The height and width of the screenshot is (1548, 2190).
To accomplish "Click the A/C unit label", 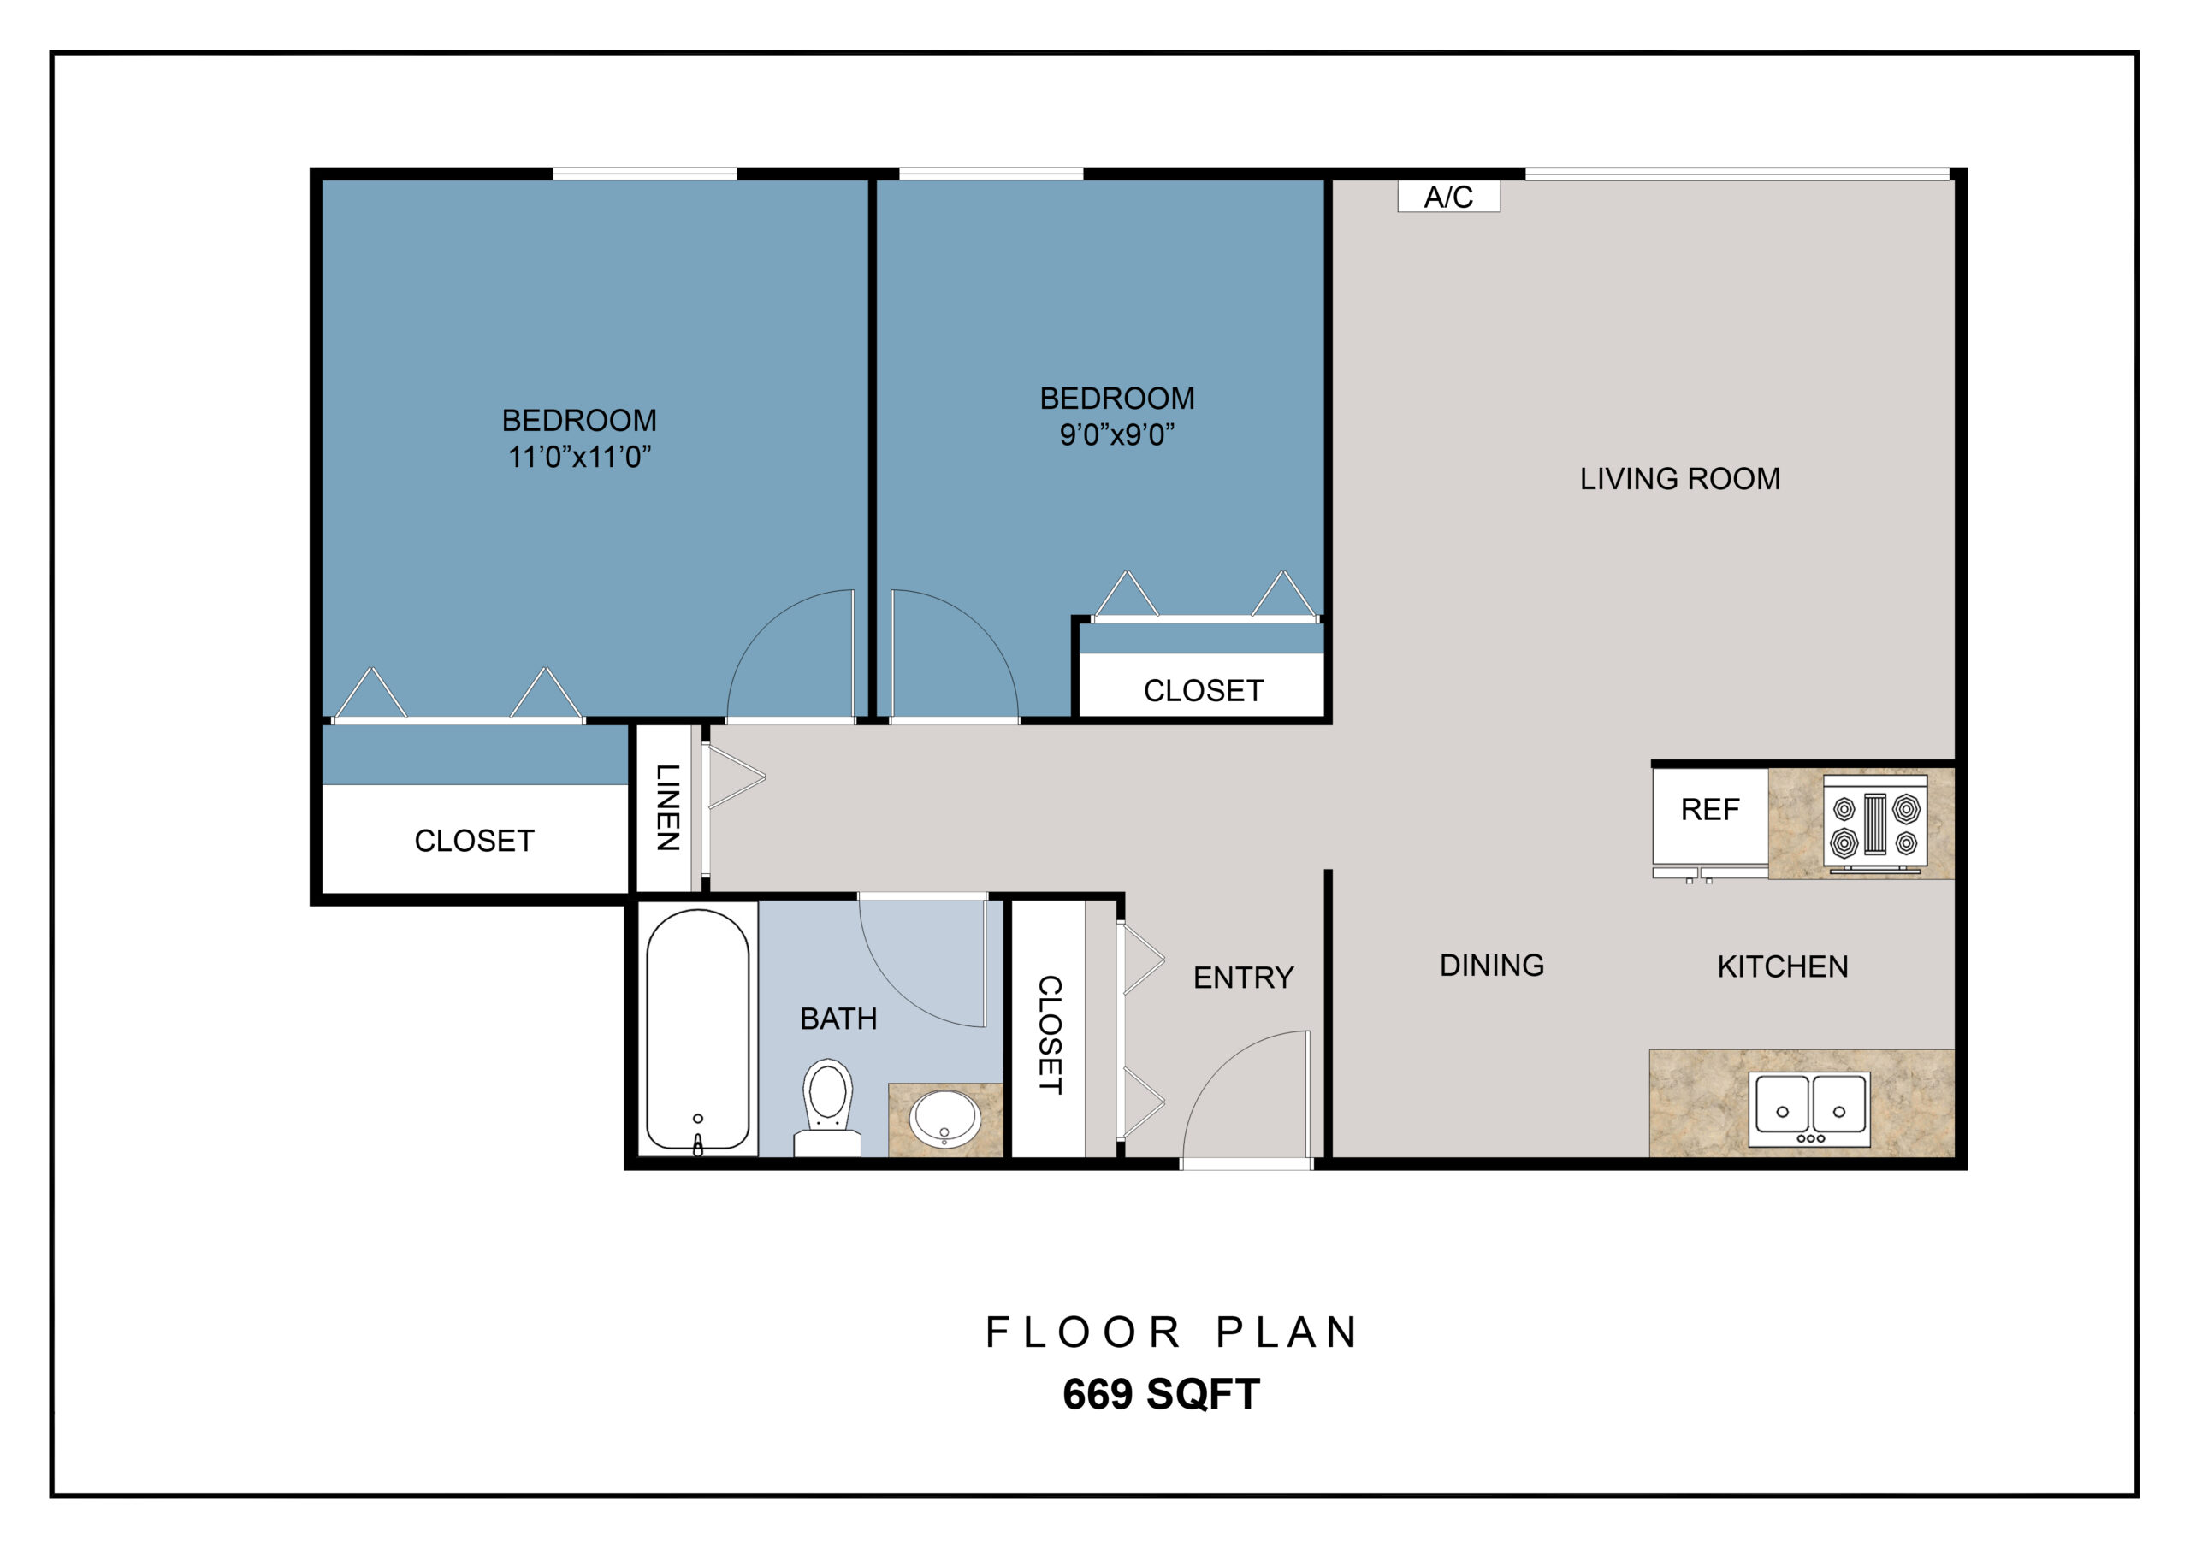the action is pos(1448,197).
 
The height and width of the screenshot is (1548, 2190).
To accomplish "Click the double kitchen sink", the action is pos(1809,1110).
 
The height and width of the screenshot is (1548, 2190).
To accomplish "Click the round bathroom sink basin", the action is pos(944,1120).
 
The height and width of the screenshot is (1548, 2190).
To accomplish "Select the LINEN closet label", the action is pos(667,806).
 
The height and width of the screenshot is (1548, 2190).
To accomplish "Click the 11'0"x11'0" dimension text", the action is pos(580,457).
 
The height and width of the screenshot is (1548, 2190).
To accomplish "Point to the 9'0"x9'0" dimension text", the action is pos(1117,435).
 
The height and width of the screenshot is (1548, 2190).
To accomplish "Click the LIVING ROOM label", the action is pos(1679,479).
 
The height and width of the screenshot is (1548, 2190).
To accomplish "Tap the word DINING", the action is pos(1492,966).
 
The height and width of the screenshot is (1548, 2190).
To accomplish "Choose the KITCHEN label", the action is pos(1783,967).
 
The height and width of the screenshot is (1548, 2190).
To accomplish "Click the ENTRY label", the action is pos(1244,978).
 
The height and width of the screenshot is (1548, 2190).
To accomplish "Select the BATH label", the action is pos(838,1019).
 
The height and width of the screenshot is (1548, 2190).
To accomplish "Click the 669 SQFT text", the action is pos(1161,1394).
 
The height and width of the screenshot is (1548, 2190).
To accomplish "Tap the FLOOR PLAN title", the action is pos(1171,1332).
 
